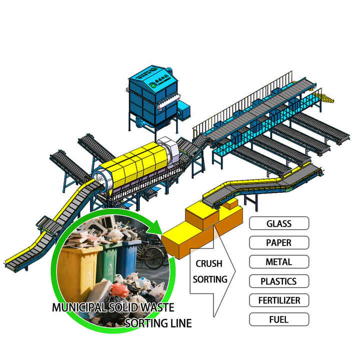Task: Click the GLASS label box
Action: coord(279,223)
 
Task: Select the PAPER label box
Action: coord(279,242)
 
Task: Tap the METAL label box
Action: coord(279,261)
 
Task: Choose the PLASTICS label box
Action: coord(279,281)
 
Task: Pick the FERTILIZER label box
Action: coord(279,300)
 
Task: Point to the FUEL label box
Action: coord(279,319)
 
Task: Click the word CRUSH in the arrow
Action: coord(209,263)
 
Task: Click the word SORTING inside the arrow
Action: coord(210,279)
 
